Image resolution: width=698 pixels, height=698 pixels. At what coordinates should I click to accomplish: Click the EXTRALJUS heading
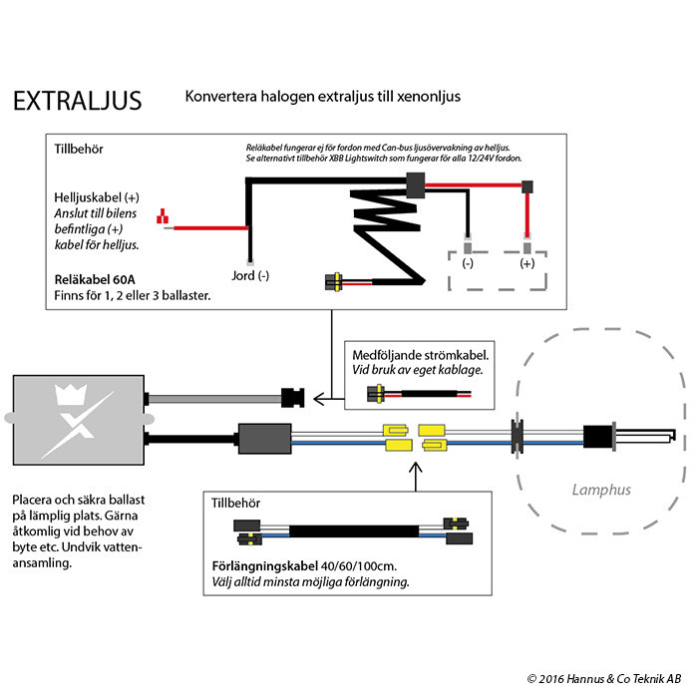[x=76, y=102]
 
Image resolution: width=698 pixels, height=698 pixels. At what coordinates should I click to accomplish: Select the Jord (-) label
[x=249, y=275]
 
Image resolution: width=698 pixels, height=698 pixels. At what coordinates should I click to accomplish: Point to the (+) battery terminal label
[x=527, y=264]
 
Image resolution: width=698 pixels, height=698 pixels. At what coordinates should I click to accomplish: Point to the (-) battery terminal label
[x=469, y=264]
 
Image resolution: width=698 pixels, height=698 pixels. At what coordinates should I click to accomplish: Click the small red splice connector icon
[x=163, y=216]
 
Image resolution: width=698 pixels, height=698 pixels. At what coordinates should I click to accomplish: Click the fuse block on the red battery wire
[x=527, y=185]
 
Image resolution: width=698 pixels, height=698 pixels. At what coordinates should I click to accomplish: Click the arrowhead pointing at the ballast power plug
[x=319, y=399]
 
